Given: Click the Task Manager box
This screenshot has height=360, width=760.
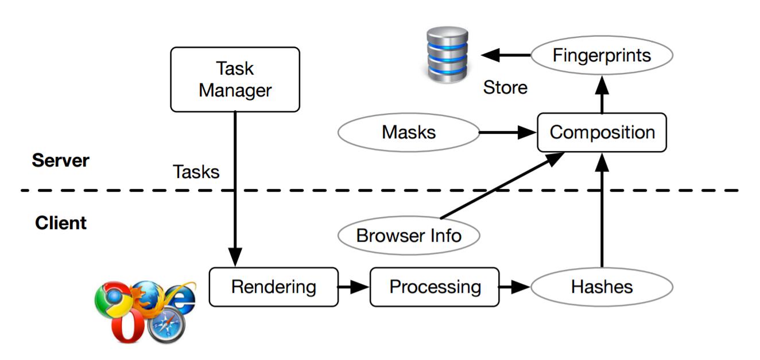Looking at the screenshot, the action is (x=235, y=79).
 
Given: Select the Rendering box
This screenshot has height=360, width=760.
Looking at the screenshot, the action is (x=273, y=287).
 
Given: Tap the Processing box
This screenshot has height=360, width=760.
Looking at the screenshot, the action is (x=435, y=287).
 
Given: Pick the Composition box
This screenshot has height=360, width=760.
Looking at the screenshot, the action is (x=602, y=132).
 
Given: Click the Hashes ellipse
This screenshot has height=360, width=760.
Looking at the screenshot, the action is (x=602, y=287).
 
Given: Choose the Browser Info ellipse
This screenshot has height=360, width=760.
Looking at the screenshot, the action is (x=409, y=235).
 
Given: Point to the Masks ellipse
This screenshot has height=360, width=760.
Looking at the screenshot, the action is (x=409, y=132).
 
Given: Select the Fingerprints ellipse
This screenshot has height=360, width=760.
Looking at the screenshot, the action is (x=602, y=55).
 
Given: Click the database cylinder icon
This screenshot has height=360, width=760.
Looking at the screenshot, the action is (x=447, y=55).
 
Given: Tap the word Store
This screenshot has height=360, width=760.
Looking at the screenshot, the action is (x=505, y=87).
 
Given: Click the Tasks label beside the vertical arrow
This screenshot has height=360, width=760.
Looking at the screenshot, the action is (x=196, y=172).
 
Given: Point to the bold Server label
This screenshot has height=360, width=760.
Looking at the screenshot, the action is (x=60, y=160).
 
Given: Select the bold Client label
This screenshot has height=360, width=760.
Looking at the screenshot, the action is (x=61, y=223).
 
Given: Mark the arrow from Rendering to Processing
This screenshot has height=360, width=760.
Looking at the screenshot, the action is (x=354, y=287).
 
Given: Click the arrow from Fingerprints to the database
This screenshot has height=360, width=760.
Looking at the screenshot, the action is (x=506, y=55).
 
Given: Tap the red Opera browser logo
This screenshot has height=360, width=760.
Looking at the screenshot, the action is (x=127, y=326).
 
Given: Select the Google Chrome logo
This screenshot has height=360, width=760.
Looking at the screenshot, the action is (x=113, y=299).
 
